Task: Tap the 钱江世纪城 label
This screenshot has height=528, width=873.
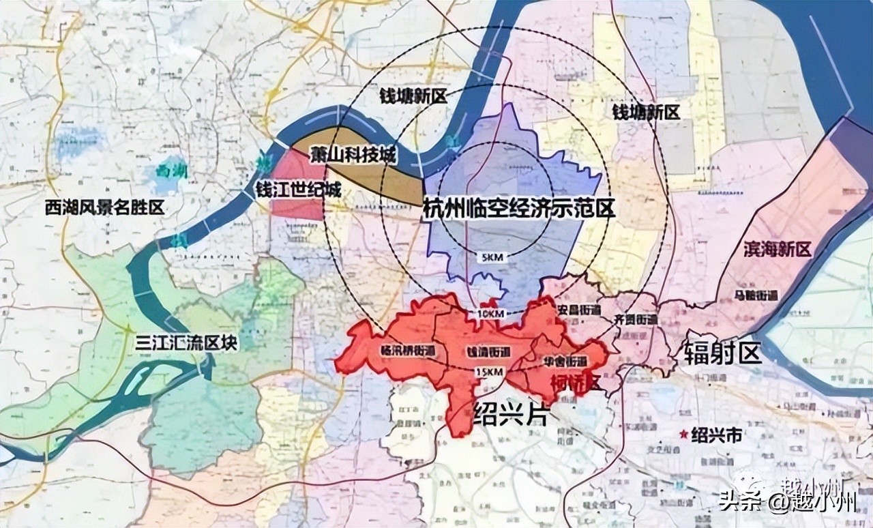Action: pyautogui.click(x=297, y=190)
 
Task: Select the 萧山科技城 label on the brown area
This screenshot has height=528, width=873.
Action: pyautogui.click(x=352, y=155)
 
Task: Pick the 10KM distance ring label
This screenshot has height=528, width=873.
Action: pyautogui.click(x=487, y=313)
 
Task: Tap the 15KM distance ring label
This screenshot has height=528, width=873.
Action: pyautogui.click(x=490, y=372)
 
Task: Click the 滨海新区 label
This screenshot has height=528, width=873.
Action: pyautogui.click(x=778, y=249)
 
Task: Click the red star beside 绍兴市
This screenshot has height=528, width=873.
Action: pyautogui.click(x=683, y=433)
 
